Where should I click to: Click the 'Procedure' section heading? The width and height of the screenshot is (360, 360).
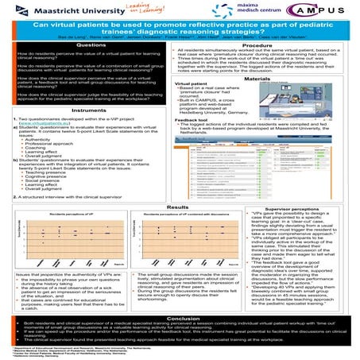point(269,45)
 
